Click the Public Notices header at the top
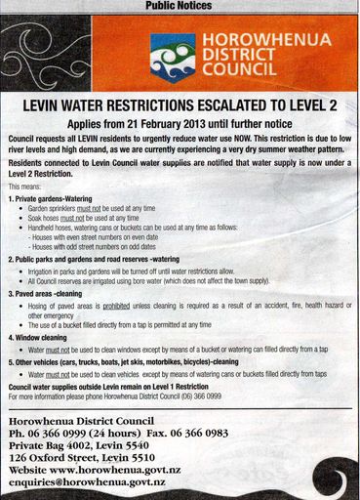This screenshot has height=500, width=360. coord(180,6)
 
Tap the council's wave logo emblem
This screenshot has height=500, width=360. coord(172,57)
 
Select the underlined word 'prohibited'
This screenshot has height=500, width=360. coord(114,306)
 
